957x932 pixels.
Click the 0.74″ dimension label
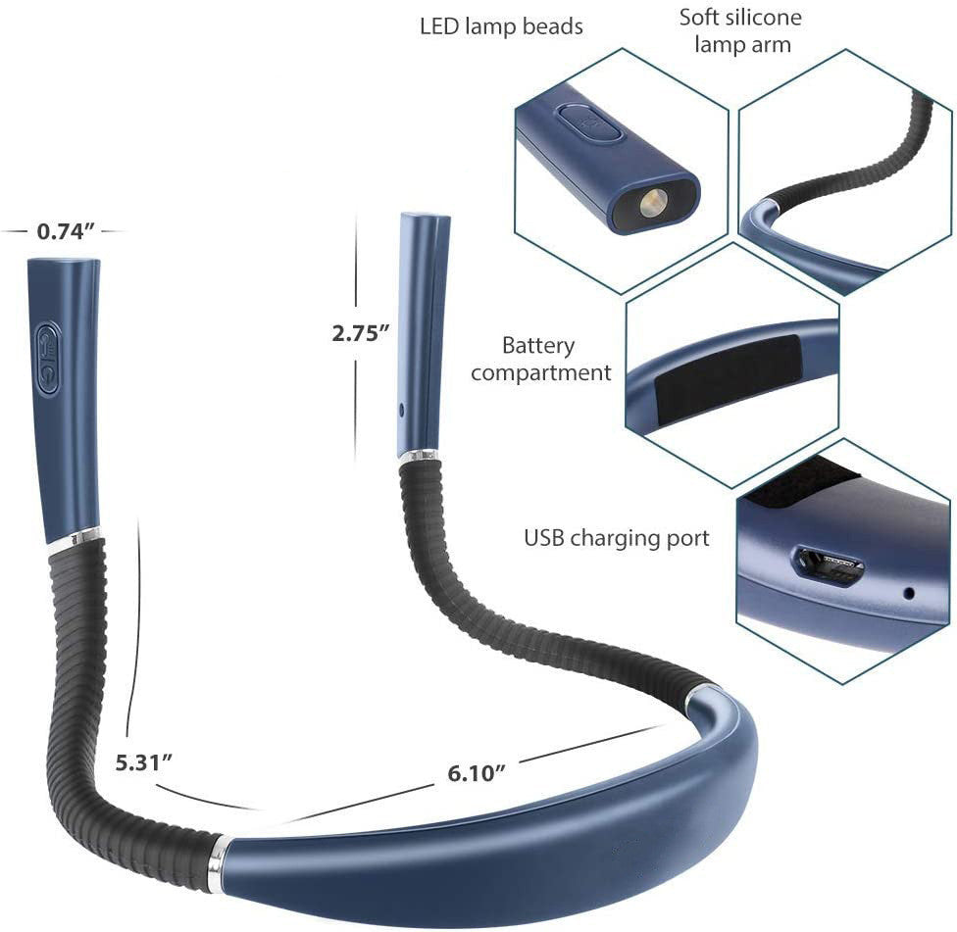pos(66,231)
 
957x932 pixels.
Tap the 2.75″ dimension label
pos(360,333)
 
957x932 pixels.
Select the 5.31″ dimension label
pos(144,762)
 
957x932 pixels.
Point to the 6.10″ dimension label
pos(478,773)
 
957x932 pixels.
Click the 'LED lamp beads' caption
pos(501,26)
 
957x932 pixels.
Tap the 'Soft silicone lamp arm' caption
pos(741,30)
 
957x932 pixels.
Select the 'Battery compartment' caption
pos(540,359)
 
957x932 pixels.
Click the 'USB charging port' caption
pos(617,538)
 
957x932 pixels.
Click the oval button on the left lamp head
pos(48,358)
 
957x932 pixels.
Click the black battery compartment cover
pos(730,370)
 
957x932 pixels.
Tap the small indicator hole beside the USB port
pos(909,592)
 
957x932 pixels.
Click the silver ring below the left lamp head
pos(74,537)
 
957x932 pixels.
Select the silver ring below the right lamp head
pos(419,456)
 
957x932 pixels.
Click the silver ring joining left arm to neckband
pos(218,864)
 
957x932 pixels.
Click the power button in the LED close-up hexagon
pos(589,123)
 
